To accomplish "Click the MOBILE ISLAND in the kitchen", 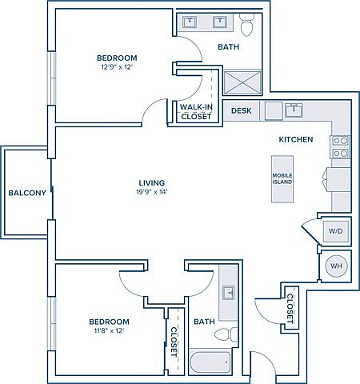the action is [x=282, y=179].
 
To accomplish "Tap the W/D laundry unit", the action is [x=336, y=231].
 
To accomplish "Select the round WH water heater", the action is [x=336, y=266].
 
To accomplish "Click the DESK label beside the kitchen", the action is [x=241, y=110].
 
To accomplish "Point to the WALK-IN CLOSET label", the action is [x=196, y=112].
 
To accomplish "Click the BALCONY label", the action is [x=27, y=193].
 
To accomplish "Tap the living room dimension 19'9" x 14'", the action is [x=151, y=192].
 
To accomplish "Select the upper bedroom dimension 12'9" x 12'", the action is [x=117, y=66].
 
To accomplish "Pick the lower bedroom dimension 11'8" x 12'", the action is [x=110, y=330].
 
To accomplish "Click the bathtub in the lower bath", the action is [x=210, y=363].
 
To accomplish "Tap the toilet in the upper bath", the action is [x=246, y=25].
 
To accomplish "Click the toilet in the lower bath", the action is [x=226, y=334].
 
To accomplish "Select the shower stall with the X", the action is [x=242, y=82].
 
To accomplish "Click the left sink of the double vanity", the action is [x=190, y=22].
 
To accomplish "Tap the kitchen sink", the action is [x=294, y=110].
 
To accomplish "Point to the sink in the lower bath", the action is [x=228, y=293].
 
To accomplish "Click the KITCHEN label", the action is [x=296, y=139].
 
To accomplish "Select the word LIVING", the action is [x=152, y=183].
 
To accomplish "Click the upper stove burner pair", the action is [x=341, y=141].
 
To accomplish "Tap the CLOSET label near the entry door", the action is [x=290, y=309].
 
